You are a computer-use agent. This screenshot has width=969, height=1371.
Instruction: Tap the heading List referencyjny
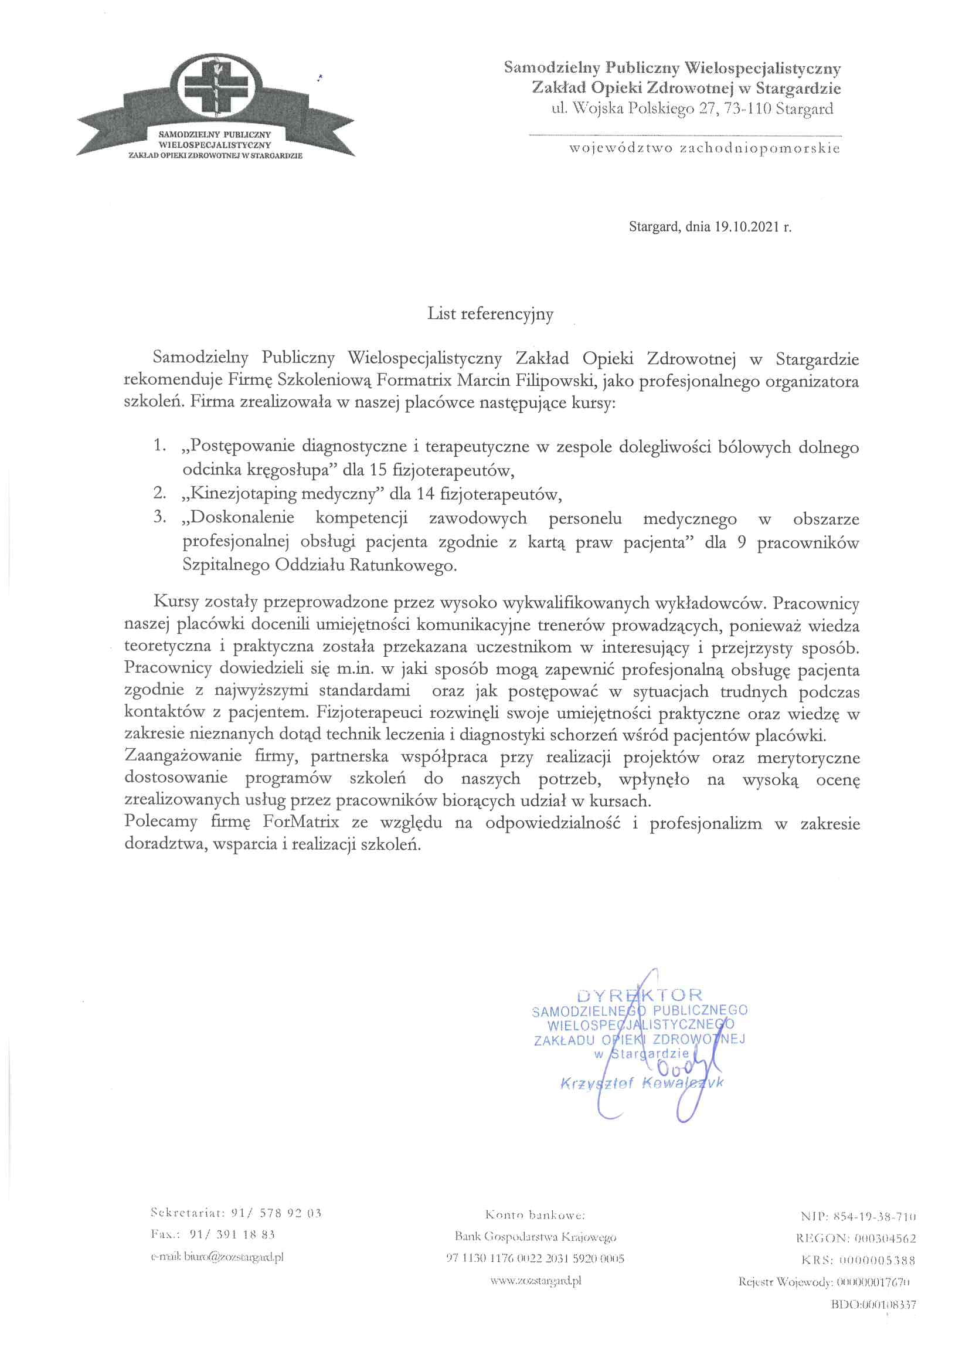490,314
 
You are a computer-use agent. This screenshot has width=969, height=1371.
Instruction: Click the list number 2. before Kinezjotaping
159,493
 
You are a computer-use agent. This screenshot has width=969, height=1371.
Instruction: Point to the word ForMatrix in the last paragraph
301,822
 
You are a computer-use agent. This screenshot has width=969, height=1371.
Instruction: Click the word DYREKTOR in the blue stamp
640,995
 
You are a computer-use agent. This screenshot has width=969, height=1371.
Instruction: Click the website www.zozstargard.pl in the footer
536,1280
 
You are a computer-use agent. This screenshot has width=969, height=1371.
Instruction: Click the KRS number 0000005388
876,1260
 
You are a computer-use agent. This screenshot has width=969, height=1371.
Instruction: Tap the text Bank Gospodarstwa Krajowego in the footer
536,1237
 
